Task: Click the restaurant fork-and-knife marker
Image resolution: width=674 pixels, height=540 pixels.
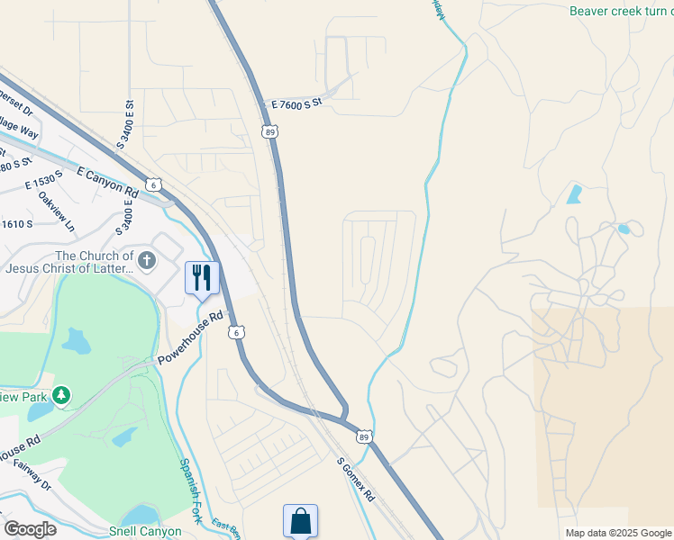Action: click(x=201, y=277)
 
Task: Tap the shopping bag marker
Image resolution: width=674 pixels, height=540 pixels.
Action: click(x=300, y=521)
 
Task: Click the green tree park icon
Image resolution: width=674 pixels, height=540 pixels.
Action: click(x=61, y=395)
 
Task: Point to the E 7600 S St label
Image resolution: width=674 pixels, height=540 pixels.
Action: click(x=296, y=105)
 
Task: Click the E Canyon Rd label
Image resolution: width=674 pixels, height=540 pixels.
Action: click(x=108, y=182)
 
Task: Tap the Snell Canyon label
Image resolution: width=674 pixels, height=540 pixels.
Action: click(x=146, y=531)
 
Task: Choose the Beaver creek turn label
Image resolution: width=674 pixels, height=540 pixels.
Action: click(x=620, y=11)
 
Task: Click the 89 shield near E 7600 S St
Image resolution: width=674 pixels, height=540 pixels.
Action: click(x=270, y=131)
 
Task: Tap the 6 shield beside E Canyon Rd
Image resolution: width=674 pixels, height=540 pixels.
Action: click(x=155, y=184)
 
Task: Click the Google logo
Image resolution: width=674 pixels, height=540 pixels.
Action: click(x=30, y=529)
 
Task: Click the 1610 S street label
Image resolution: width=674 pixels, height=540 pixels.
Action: click(x=16, y=223)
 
